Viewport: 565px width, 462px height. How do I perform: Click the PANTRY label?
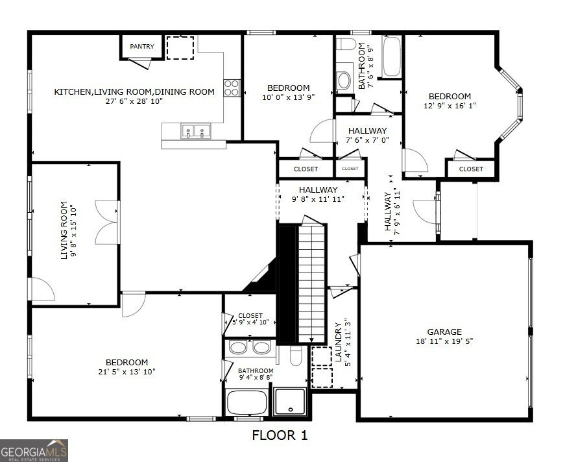[x=141, y=47]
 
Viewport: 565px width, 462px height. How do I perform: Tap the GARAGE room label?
[x=444, y=332]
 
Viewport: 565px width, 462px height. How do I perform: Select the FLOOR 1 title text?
[x=279, y=435]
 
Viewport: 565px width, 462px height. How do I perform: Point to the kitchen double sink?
[x=195, y=132]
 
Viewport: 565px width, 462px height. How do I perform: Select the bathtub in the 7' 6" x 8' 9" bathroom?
[x=392, y=57]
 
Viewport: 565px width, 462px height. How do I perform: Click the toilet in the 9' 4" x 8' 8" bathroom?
[x=295, y=357]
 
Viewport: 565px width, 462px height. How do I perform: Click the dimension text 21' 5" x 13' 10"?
[x=127, y=372]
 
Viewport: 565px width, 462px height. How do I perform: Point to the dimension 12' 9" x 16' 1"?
[x=450, y=106]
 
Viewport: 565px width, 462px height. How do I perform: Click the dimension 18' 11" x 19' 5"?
[x=444, y=341]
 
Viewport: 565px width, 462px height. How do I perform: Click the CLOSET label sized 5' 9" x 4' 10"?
[x=250, y=316]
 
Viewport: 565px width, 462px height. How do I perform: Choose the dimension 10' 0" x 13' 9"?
[x=289, y=97]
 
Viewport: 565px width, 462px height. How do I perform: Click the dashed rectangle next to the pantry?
[x=180, y=48]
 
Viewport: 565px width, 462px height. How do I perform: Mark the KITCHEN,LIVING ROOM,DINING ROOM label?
[x=134, y=92]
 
